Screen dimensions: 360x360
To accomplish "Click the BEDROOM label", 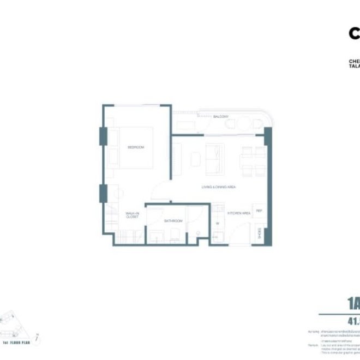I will click(x=135, y=147).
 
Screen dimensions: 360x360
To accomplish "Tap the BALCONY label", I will click(x=220, y=117).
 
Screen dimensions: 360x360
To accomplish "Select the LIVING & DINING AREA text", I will click(x=218, y=188).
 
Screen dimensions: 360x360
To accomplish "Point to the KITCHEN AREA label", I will click(x=239, y=213).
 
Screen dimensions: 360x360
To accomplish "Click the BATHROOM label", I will click(x=173, y=221).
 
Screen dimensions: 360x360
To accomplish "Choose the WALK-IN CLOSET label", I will click(x=132, y=215).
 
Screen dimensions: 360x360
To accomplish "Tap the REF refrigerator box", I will click(x=259, y=211).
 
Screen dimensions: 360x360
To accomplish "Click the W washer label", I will click(x=217, y=223).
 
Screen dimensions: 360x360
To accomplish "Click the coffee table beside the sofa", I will click(x=195, y=158).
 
